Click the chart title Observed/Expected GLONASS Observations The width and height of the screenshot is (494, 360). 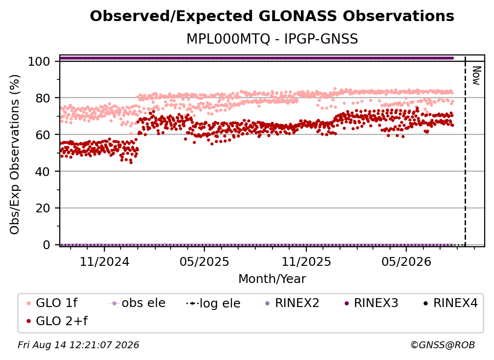tap(272, 16)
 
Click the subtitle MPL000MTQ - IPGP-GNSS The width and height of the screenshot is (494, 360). tap(272, 39)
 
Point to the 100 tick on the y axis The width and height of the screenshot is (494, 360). tap(39, 61)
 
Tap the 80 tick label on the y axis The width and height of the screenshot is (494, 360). tap(43, 98)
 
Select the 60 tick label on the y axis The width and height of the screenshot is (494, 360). tap(43, 135)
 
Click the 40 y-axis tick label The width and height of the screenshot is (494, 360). tap(43, 172)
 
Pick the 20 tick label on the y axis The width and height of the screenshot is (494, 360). tap(43, 208)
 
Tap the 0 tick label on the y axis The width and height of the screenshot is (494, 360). tap(46, 245)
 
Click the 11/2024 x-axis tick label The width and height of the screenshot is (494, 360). tap(104, 262)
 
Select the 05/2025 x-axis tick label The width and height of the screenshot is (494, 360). tap(204, 262)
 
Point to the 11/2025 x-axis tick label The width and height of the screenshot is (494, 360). tap(306, 262)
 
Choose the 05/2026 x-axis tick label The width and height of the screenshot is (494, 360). tap(406, 262)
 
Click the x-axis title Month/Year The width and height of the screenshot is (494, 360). tap(272, 279)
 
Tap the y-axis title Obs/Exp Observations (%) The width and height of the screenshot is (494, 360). tap(15, 154)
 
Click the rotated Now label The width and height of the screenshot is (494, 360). tap(476, 76)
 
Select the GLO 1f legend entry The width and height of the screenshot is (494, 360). tap(52, 303)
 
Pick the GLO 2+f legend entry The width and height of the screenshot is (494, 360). tap(57, 321)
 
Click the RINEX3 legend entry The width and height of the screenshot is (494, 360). tap(371, 303)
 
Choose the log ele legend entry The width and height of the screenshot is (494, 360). tap(213, 303)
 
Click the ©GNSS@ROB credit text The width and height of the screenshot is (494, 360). tap(443, 345)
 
